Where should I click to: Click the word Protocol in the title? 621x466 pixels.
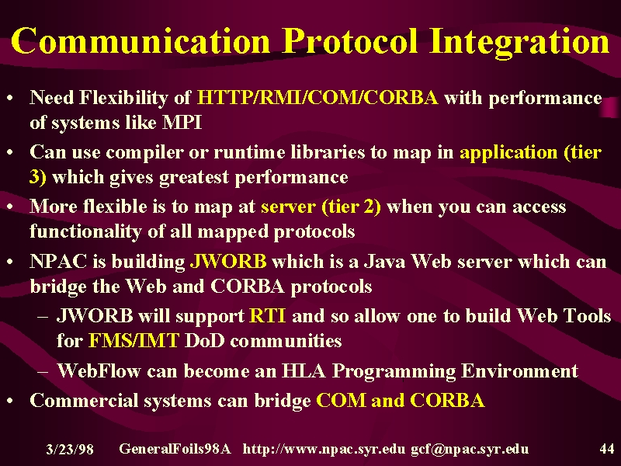pos(350,41)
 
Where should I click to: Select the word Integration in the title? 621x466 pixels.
pos(519,43)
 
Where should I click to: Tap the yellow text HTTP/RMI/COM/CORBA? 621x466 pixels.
pos(317,98)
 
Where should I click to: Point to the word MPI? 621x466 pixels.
pos(182,123)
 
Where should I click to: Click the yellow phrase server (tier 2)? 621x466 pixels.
pos(321,207)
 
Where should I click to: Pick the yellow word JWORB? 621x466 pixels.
pos(228,261)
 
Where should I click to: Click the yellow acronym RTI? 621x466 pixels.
pos(267,316)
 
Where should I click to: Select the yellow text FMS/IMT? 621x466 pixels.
pos(134,340)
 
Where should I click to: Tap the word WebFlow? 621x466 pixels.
pos(99,371)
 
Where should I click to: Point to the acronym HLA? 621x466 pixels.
pos(304,371)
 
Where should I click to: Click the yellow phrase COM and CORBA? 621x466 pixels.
pos(401,400)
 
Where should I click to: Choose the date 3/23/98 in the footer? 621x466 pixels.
pos(70,450)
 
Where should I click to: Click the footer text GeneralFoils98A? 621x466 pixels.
pos(175,449)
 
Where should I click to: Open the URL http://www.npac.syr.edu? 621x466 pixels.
pos(324,449)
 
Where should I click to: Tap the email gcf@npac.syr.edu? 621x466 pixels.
pos(470,450)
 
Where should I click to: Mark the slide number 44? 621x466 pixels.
pos(607,449)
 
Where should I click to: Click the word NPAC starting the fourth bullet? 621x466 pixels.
pos(58,261)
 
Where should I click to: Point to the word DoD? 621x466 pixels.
pos(204,340)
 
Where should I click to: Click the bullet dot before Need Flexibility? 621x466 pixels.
pos(11,98)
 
